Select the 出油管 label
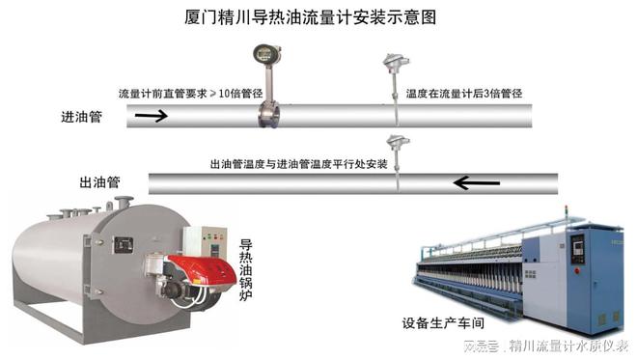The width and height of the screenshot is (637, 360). [99, 180]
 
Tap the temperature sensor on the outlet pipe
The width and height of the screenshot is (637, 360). [394, 144]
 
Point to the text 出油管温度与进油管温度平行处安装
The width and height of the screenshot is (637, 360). [299, 161]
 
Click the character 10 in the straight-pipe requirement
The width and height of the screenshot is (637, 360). [225, 95]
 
